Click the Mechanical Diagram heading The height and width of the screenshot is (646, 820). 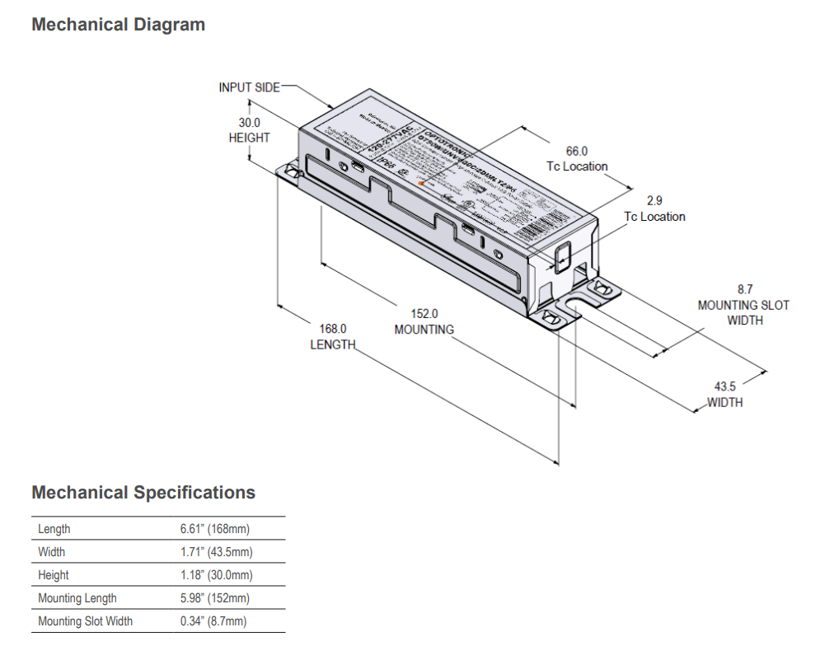click(118, 25)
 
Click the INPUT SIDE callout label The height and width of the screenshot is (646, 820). click(249, 87)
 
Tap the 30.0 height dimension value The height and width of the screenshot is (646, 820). click(249, 123)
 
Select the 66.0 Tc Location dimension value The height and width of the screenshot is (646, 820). click(577, 151)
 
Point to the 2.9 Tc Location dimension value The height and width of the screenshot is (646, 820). click(654, 200)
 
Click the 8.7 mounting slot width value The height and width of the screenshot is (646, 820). click(744, 289)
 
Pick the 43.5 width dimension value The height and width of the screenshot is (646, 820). click(725, 386)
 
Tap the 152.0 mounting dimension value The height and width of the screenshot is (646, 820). click(424, 313)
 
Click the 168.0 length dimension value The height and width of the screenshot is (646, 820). click(333, 328)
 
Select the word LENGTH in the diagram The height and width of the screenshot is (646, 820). click(333, 344)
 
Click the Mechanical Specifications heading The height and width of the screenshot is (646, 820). click(143, 493)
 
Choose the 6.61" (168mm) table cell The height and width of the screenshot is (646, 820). click(214, 529)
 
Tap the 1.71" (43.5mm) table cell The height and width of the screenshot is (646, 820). click(216, 552)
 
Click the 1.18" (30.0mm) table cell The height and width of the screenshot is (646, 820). click(216, 575)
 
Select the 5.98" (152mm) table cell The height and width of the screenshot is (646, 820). click(214, 598)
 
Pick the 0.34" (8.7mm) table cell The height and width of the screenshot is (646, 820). click(213, 621)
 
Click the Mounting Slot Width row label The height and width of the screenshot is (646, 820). click(85, 621)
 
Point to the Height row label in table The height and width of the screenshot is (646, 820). click(54, 575)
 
